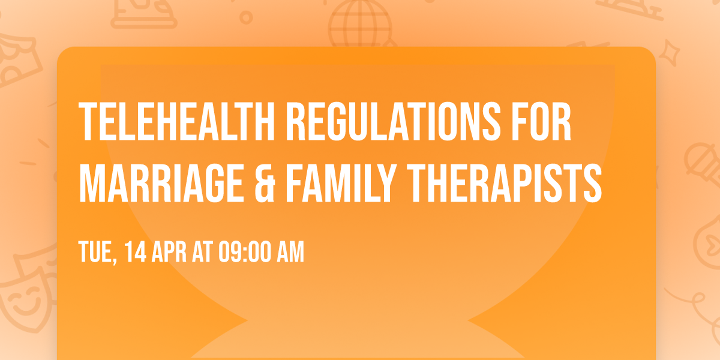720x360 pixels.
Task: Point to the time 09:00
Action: pyautogui.click(x=244, y=253)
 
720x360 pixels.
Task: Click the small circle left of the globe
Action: pyautogui.click(x=245, y=17)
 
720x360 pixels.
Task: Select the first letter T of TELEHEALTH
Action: pyautogui.click(x=88, y=122)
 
